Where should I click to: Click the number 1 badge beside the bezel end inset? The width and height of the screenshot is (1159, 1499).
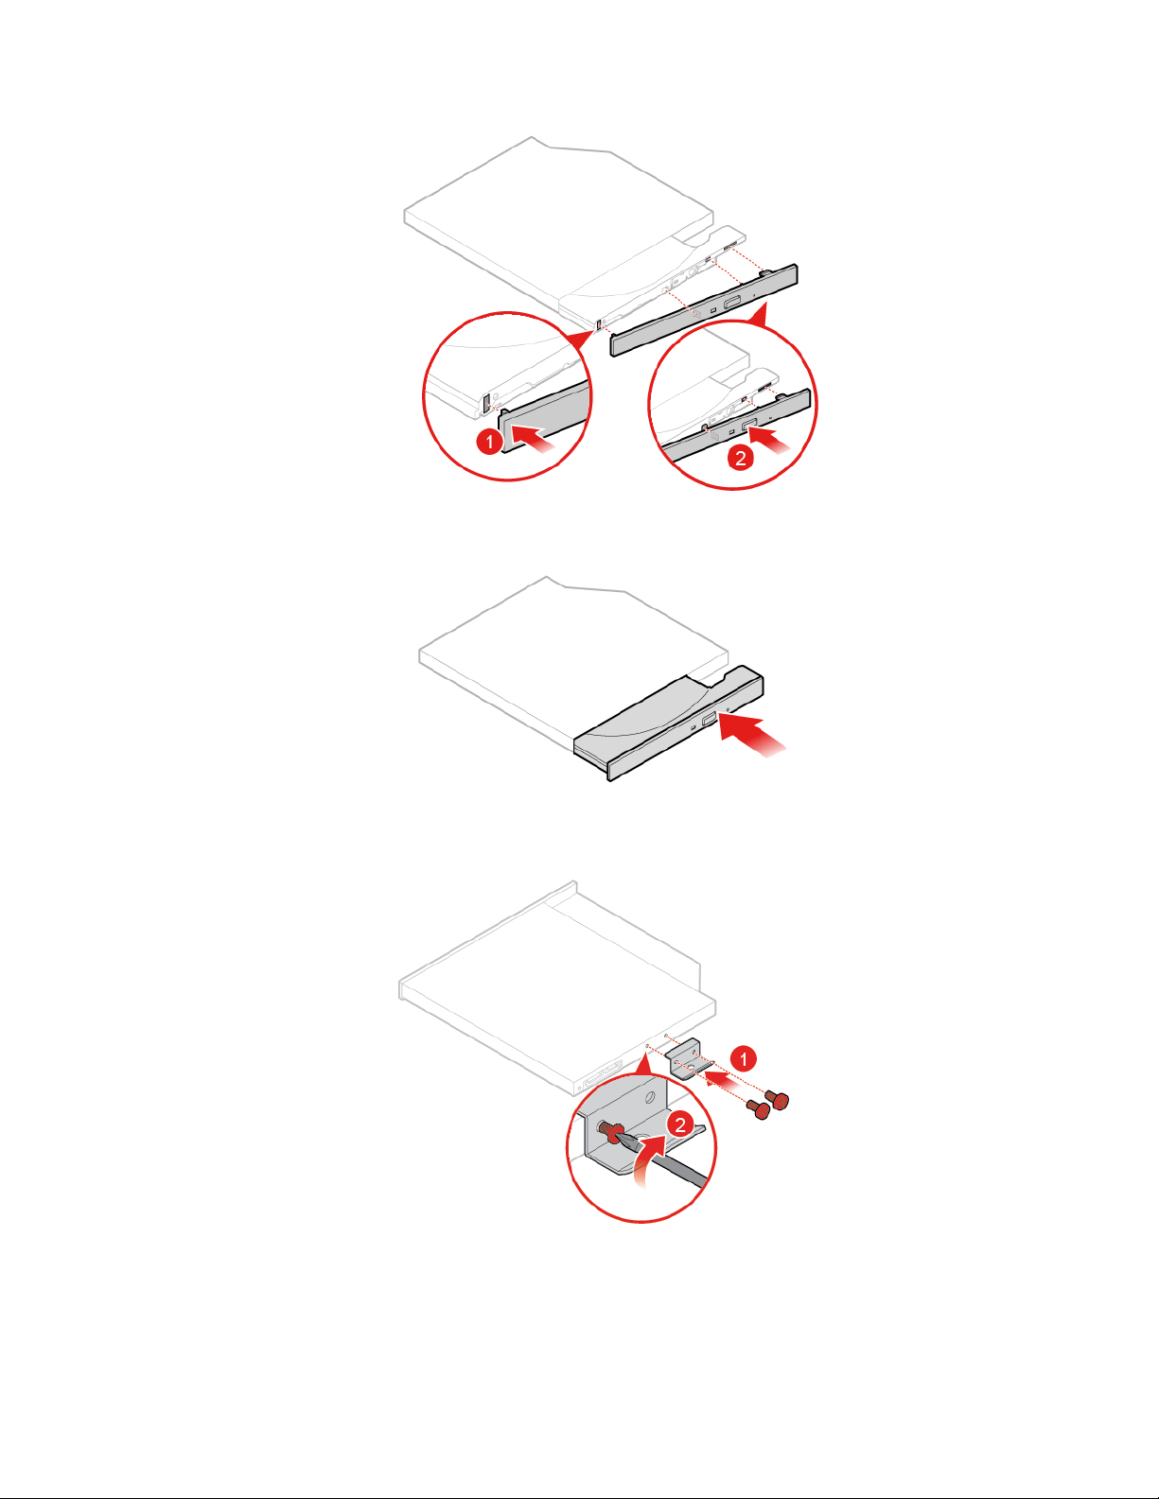(490, 441)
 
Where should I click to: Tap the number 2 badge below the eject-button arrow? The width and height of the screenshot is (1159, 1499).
(740, 458)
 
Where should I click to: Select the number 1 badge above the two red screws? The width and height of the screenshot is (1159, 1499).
(743, 1058)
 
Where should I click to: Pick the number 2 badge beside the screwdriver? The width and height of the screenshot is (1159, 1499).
(680, 1125)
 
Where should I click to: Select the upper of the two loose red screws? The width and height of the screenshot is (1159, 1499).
(777, 1099)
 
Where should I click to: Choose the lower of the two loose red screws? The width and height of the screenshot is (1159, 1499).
(758, 1109)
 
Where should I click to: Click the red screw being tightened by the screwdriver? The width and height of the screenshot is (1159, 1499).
(608, 1130)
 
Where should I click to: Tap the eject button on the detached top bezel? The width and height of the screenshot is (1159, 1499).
(732, 302)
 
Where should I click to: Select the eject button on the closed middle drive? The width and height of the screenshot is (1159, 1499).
(710, 721)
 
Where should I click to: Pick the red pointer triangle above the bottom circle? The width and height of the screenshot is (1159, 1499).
(643, 1063)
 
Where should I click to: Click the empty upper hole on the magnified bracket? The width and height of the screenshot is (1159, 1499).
(649, 1098)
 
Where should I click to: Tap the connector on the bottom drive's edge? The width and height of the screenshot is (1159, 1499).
(603, 1076)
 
